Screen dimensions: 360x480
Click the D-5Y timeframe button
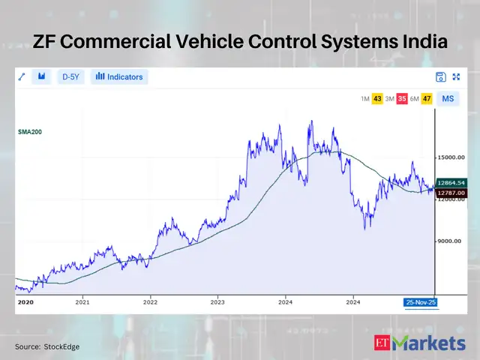71,76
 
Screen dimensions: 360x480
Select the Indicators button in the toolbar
119,76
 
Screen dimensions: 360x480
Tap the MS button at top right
448,99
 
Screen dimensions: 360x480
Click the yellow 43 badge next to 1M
377,99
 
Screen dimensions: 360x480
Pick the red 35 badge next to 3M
402,99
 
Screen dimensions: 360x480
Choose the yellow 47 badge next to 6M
427,99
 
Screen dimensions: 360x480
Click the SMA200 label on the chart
30,131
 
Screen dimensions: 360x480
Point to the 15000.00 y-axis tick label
453,157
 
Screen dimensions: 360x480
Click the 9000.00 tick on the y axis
451,241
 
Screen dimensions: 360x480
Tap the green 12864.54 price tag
452,182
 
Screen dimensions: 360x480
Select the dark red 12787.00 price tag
452,192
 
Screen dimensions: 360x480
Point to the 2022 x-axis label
150,302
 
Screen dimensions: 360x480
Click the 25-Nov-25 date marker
420,302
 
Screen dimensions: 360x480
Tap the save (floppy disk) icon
440,76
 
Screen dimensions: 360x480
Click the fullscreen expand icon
456,76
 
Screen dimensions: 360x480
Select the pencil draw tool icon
22,76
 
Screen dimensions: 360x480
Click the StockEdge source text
61,346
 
